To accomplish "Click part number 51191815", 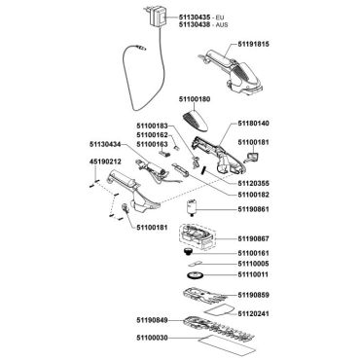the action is [253, 44].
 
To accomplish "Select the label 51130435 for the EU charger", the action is [194, 17].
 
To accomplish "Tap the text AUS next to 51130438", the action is [222, 24].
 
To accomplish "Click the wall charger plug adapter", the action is [156, 18].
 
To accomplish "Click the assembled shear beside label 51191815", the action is [231, 72].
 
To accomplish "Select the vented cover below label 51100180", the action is [198, 120].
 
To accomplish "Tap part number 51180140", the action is [253, 124].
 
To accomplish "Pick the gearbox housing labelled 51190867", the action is [197, 236].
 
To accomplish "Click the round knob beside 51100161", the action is [187, 253].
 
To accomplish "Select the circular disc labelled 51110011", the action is [196, 275].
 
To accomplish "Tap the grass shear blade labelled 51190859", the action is [210, 295].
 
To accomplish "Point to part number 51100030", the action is [152, 338].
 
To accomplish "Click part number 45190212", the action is [105, 162].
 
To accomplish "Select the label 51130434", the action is [105, 144].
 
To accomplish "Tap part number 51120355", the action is [253, 183].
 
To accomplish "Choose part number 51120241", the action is [253, 314].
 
